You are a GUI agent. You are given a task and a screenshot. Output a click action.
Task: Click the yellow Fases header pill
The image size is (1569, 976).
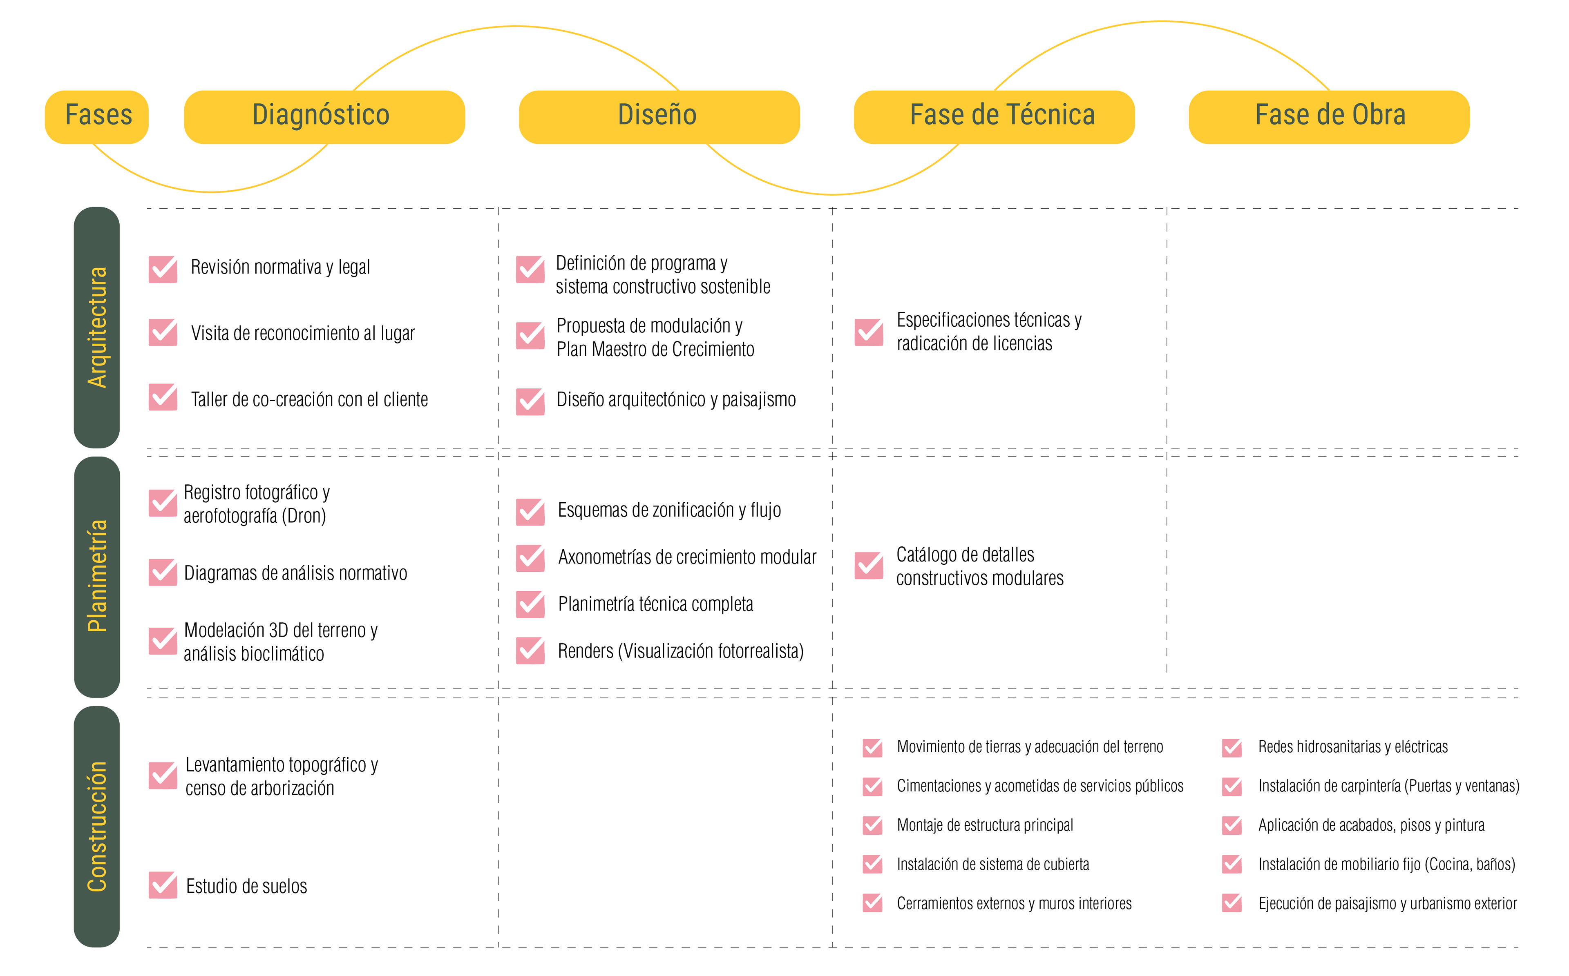pos(97,117)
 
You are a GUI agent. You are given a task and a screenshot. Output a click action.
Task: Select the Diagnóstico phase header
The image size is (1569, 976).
pos(324,117)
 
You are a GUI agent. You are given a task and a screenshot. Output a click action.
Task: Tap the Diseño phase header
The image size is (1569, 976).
pos(659,117)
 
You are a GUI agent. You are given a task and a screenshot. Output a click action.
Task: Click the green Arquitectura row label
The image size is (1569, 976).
pos(97,327)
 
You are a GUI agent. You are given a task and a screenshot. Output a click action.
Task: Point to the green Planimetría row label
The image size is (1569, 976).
pos(97,577)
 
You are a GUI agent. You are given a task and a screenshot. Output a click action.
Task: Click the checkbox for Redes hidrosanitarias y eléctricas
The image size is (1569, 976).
pos(1232,747)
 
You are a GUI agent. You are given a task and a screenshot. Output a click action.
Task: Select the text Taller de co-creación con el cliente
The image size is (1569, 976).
pos(309,399)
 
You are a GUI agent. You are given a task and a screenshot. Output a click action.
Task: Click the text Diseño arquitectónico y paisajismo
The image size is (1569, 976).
pos(676,399)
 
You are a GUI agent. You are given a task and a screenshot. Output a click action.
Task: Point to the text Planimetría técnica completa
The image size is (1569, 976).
pos(655,604)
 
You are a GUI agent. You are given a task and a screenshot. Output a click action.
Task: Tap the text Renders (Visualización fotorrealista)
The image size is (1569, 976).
pos(681,651)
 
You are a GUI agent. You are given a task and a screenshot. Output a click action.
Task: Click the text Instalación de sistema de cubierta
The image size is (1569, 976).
pos(992,865)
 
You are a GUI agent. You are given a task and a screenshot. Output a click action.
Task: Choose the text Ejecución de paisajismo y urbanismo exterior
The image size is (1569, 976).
pos(1388,904)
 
